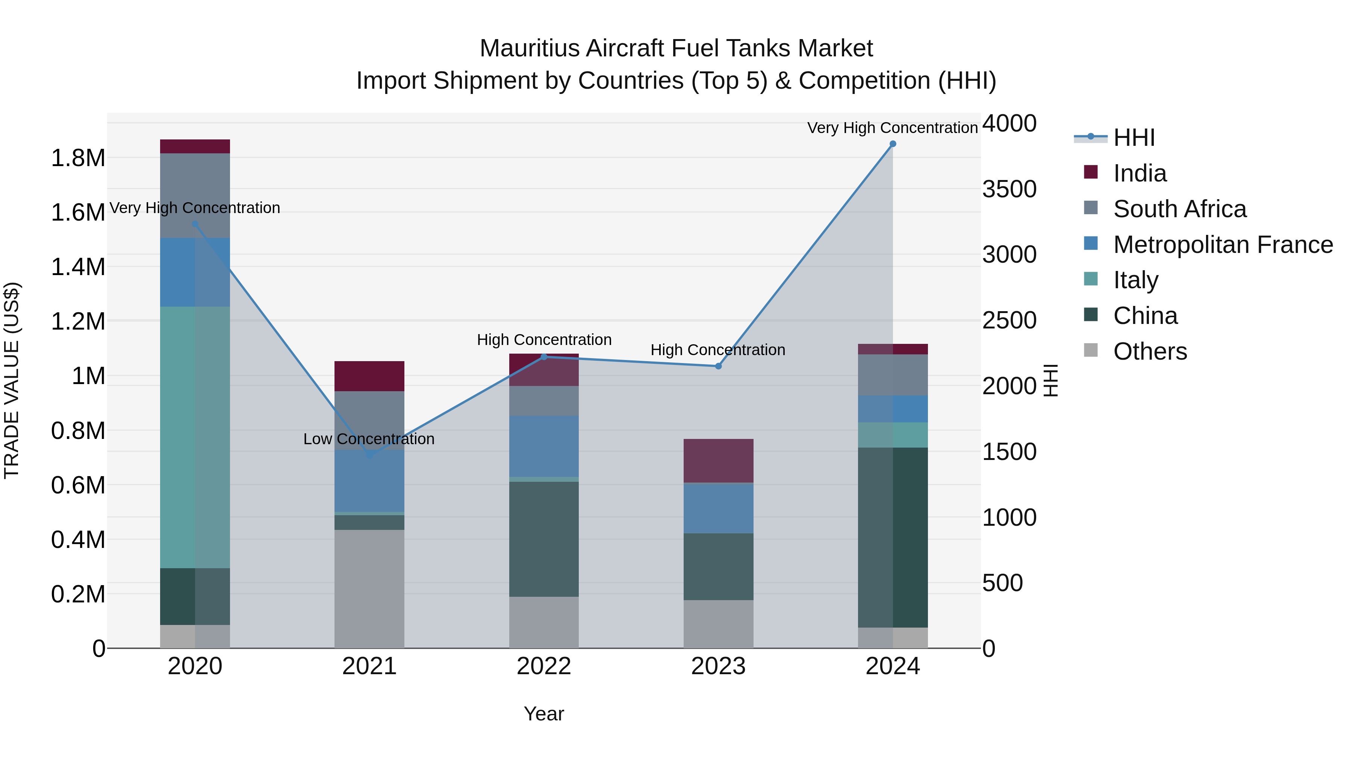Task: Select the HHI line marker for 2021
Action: pyautogui.click(x=369, y=455)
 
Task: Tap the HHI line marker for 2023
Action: pyautogui.click(x=719, y=366)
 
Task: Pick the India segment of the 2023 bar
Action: pyautogui.click(x=719, y=461)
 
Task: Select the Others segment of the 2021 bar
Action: pyautogui.click(x=369, y=588)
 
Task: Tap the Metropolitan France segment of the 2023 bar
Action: pyautogui.click(x=719, y=508)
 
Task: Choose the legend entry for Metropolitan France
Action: pyautogui.click(x=1223, y=245)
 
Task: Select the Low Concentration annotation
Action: pyautogui.click(x=369, y=439)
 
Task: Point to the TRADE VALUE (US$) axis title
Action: pyautogui.click(x=12, y=380)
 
